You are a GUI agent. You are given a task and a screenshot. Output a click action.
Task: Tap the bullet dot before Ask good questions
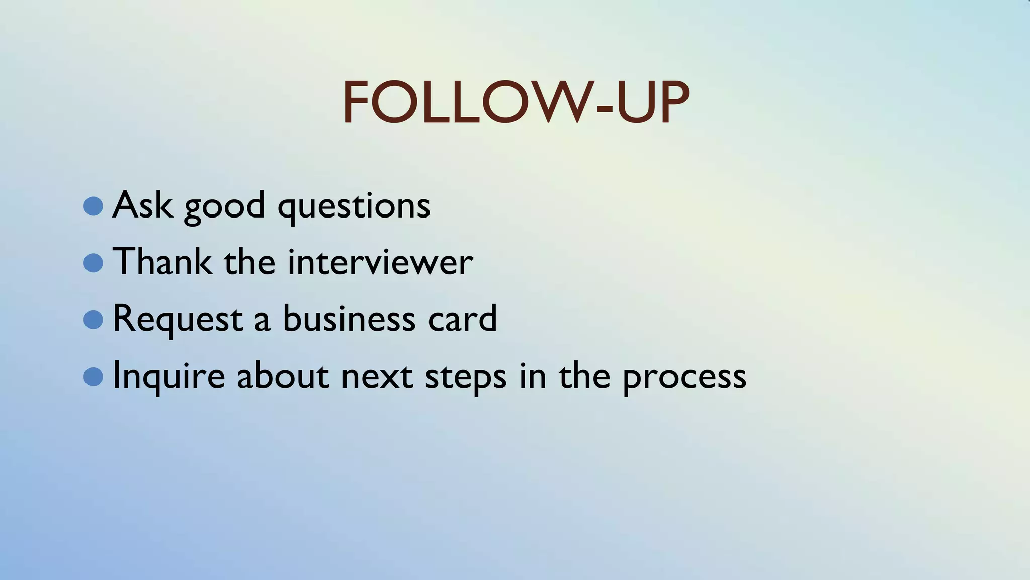pos(93,206)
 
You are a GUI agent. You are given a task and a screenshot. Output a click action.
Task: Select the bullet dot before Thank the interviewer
pos(93,262)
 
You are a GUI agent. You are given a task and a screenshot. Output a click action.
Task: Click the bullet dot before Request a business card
pos(93,319)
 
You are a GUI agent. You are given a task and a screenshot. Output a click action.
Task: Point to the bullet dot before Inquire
pos(93,376)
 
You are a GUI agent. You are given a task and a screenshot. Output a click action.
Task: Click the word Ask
pos(142,205)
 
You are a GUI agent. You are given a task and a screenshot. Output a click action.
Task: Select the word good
pos(224,207)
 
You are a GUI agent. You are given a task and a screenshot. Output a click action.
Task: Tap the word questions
pos(354,207)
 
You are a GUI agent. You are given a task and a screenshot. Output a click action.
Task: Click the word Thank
pos(162,261)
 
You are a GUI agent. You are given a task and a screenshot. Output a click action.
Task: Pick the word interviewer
pos(380,262)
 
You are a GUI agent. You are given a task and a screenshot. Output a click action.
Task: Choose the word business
pos(349,318)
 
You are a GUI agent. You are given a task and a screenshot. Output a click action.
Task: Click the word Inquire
pos(168,376)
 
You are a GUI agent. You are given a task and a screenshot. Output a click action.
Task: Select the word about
pos(283,375)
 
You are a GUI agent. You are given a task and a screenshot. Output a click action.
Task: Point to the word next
pos(377,376)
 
